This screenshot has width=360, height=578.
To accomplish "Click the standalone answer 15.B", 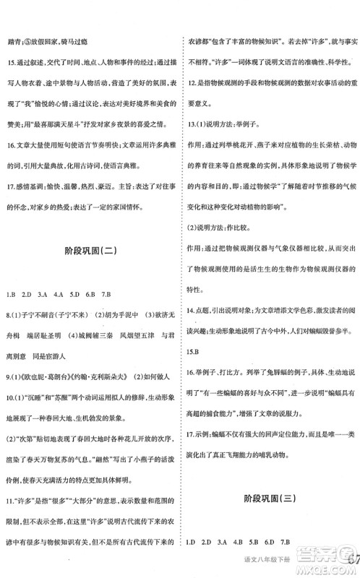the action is pos(192,351).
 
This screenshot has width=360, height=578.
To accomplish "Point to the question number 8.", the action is pos(7,316).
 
